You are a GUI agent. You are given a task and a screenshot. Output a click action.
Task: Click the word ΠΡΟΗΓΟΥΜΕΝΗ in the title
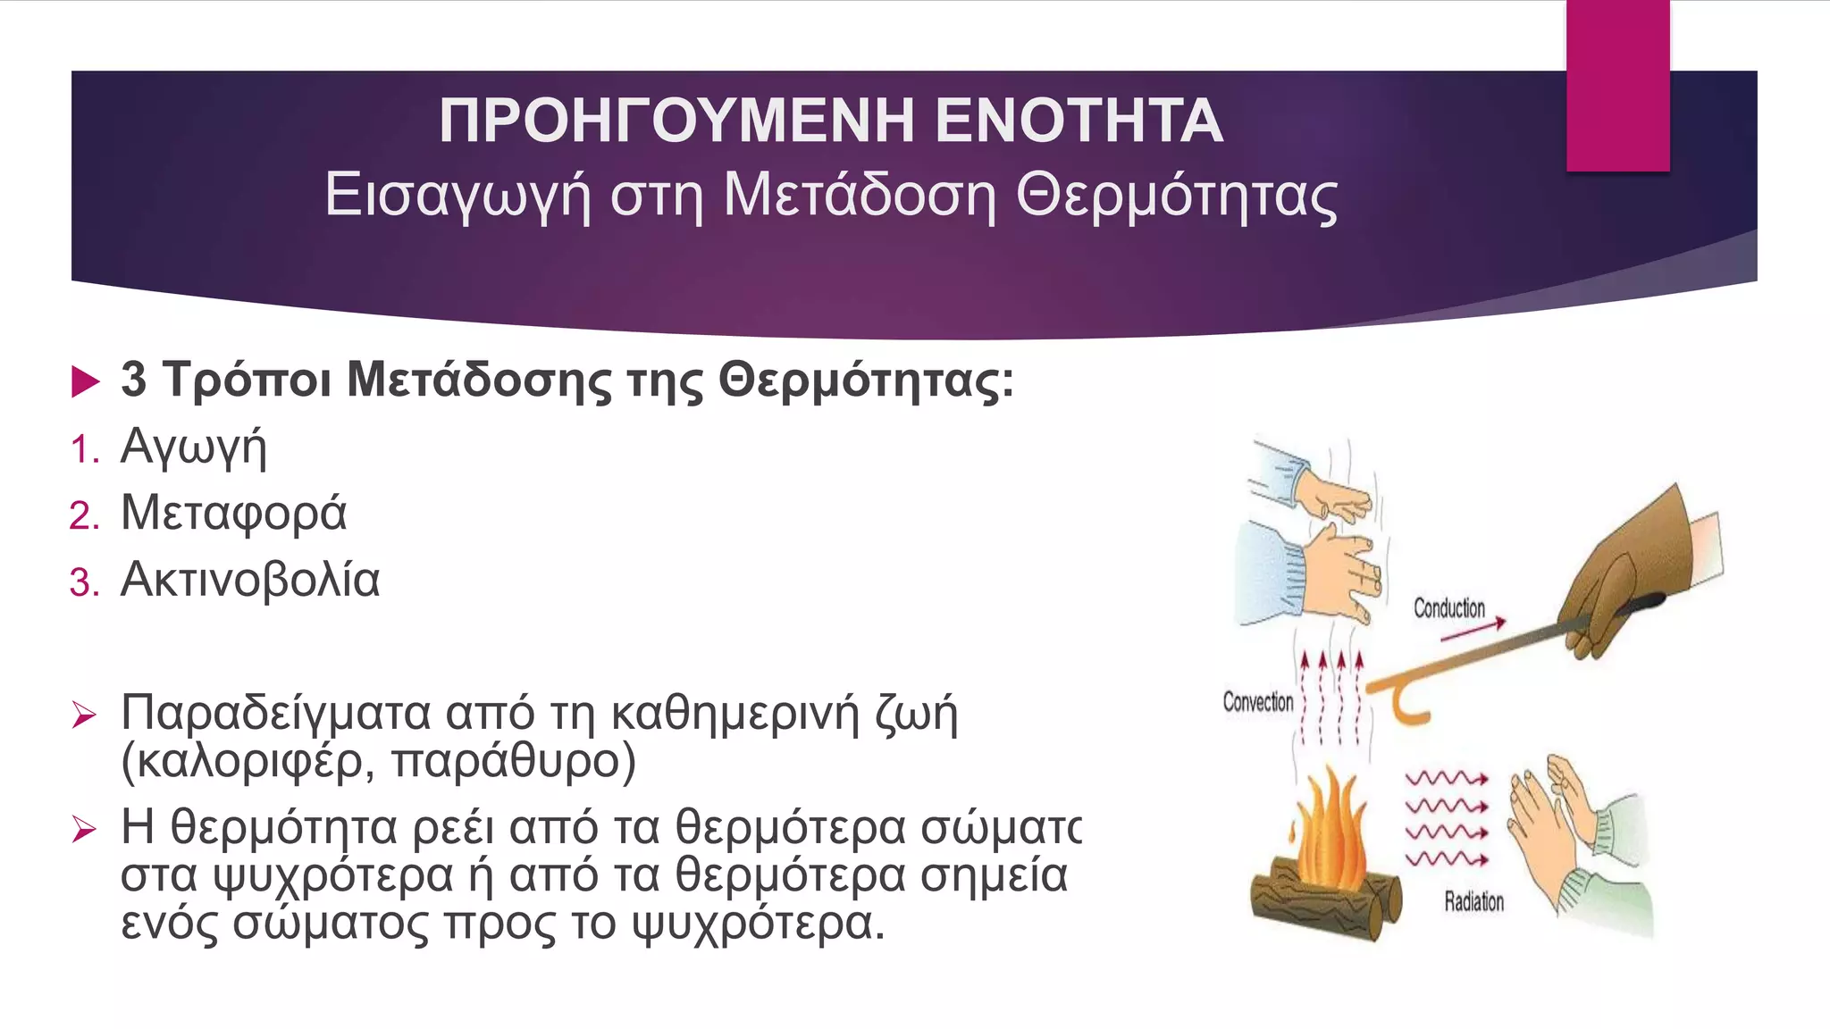click(x=676, y=121)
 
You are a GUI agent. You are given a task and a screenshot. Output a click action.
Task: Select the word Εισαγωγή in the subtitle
click(x=457, y=196)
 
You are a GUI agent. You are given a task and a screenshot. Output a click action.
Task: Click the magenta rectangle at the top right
click(x=1617, y=85)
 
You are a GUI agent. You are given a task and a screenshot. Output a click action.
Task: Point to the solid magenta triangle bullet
click(x=85, y=381)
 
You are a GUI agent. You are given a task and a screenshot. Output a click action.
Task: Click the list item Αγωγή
click(x=193, y=447)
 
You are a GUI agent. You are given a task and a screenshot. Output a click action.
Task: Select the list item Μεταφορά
click(x=233, y=513)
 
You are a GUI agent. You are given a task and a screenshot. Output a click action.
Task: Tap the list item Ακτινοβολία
click(x=250, y=580)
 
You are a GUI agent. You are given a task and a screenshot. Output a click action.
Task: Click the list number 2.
click(x=84, y=516)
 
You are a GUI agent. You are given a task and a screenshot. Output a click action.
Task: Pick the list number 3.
click(x=84, y=583)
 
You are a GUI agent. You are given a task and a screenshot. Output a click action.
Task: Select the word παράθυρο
click(x=513, y=761)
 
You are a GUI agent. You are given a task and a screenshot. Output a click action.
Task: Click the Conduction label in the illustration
click(x=1448, y=608)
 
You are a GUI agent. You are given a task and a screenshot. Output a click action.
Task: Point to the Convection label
click(x=1257, y=702)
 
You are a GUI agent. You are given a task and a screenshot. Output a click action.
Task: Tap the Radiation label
click(x=1473, y=901)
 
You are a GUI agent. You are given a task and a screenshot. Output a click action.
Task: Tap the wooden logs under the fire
click(x=1322, y=902)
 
